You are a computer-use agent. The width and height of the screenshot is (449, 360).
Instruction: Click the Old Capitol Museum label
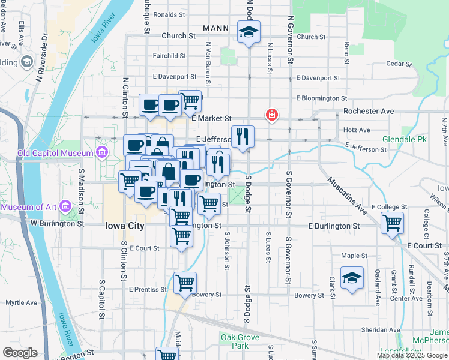coord(55,152)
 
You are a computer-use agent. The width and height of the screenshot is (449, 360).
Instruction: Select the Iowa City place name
coord(124,226)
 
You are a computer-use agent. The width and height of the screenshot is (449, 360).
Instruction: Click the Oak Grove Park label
coord(240,341)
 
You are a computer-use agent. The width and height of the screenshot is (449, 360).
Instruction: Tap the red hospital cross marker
coord(271,115)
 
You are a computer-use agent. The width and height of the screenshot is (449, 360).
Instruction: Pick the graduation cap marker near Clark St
coord(352,278)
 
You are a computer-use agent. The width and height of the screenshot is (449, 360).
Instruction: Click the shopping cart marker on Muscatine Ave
coord(392,223)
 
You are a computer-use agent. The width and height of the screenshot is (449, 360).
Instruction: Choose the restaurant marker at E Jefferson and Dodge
coord(243,136)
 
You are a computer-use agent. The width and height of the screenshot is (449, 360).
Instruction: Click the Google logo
coord(20,353)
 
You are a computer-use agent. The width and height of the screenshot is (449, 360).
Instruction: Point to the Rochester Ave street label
coord(368,111)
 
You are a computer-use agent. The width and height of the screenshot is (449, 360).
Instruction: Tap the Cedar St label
coord(399,63)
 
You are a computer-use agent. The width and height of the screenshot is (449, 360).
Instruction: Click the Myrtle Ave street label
coord(22,302)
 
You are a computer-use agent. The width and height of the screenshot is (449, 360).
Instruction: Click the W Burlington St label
coord(58,223)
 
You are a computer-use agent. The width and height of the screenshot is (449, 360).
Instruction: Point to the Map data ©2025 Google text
coord(411,355)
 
